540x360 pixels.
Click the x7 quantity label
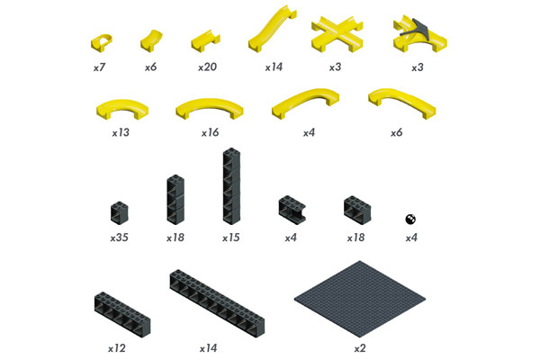coord(99,67)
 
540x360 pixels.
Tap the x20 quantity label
coord(207,67)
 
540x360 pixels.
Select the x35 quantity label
coord(119,238)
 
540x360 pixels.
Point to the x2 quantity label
coord(360,348)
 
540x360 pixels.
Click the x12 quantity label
coord(117,348)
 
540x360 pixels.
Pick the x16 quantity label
coord(210,132)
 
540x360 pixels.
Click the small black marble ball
coord(410,219)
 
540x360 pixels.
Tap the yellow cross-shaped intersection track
coord(337,34)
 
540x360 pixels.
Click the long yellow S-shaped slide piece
coord(272,31)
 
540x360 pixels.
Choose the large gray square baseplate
coord(360,299)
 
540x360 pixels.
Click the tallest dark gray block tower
coord(232,186)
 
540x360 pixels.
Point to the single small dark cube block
coord(120,213)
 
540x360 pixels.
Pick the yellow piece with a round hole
coord(102,42)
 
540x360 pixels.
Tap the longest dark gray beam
coord(217,302)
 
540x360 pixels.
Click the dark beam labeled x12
coord(122,314)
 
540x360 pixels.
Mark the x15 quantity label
coord(231,238)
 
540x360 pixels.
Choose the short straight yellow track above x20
coord(205,40)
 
